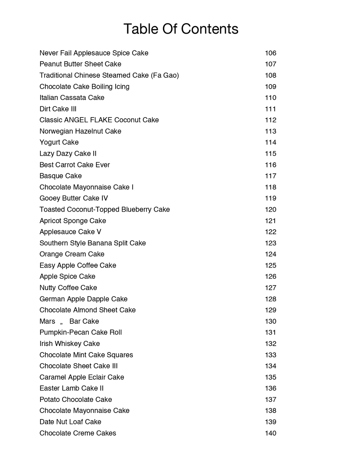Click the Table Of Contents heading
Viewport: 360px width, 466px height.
pos(181,29)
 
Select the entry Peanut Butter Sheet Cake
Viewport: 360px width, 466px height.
pos(80,64)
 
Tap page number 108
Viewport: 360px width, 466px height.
pos(270,75)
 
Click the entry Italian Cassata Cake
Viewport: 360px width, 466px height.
pos(72,98)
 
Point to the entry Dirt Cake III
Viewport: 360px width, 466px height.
pos(58,109)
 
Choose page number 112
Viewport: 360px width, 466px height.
pos(270,120)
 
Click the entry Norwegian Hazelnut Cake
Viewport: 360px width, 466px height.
pos(80,131)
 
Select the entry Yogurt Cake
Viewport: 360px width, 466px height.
pos(59,142)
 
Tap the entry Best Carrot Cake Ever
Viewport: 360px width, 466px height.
pos(75,165)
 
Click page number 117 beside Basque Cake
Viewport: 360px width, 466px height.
pos(270,176)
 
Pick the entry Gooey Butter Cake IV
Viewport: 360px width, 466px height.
pos(73,198)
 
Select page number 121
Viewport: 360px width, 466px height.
pos(270,221)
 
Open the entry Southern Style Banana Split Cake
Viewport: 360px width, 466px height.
pos(92,243)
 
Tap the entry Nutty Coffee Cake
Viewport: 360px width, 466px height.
pos(68,288)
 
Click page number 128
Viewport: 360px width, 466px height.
pos(270,299)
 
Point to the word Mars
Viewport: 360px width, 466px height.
pos(47,321)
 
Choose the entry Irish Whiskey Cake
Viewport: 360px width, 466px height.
pos(69,344)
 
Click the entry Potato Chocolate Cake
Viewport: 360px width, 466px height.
pos(76,399)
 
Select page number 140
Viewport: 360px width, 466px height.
pos(270,433)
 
